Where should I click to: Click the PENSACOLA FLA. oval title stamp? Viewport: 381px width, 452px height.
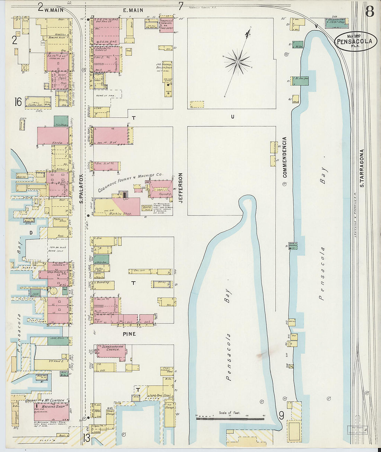[355, 42]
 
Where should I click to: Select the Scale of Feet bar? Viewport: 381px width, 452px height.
[230, 418]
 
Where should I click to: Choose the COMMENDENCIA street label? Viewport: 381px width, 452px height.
[285, 157]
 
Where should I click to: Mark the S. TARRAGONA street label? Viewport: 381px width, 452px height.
[362, 168]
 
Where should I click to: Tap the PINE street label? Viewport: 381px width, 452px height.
[129, 334]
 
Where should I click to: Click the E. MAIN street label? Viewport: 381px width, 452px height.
[133, 10]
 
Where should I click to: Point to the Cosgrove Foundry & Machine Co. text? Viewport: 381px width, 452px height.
[130, 182]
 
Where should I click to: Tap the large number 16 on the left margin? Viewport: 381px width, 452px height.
[18, 102]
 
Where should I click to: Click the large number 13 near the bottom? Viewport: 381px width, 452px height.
[86, 438]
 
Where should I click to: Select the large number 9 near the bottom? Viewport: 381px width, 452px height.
[281, 415]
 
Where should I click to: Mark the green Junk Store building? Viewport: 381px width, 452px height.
[58, 340]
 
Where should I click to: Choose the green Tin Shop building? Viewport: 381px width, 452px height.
[61, 121]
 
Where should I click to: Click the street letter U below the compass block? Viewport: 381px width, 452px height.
[232, 117]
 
